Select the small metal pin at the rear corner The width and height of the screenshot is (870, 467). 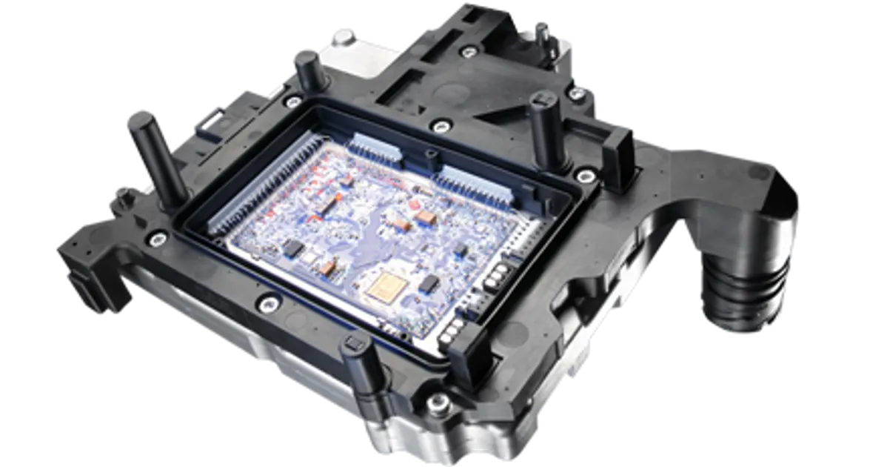(x=543, y=29)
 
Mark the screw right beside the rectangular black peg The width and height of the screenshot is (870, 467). (x=585, y=176)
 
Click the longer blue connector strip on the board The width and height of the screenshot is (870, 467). (x=474, y=185)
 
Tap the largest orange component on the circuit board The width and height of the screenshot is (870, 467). (x=425, y=217)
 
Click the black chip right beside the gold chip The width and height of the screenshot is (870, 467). (x=428, y=282)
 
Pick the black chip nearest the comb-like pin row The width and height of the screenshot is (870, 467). (x=292, y=246)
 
